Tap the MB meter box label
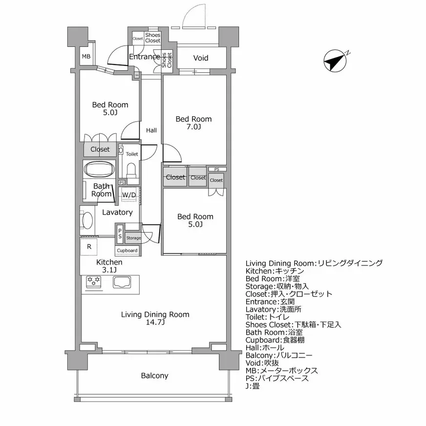(x=86, y=57)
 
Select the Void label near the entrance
(x=201, y=58)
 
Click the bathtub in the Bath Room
(x=100, y=170)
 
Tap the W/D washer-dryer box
(x=129, y=195)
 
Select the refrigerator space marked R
(x=89, y=247)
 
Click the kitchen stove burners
(x=93, y=280)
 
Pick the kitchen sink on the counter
(x=123, y=282)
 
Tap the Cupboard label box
(x=127, y=251)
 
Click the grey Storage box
(x=133, y=238)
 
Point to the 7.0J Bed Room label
(x=194, y=123)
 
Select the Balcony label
(x=154, y=376)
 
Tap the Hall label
(x=151, y=130)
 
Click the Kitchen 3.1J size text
(x=109, y=270)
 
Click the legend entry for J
(x=253, y=386)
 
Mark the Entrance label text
(x=144, y=57)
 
